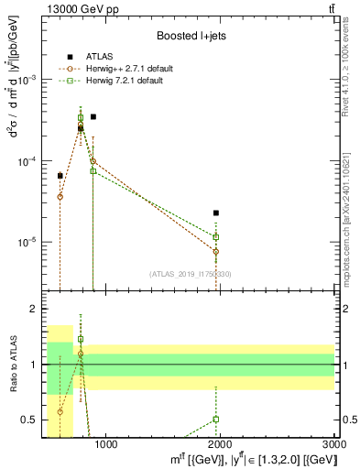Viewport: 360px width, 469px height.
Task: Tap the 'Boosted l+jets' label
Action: (x=191, y=36)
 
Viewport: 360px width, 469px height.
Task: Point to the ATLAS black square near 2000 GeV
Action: (x=216, y=213)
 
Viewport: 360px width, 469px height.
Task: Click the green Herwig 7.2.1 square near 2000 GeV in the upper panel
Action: (x=216, y=237)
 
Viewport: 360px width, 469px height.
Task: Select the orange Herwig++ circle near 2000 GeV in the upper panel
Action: (x=216, y=251)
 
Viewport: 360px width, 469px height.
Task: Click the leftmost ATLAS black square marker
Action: (x=60, y=175)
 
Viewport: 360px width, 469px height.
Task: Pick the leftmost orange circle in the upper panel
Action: (x=60, y=197)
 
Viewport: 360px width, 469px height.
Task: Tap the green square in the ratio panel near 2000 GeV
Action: (x=216, y=419)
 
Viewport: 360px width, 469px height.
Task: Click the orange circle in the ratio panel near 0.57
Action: (x=60, y=411)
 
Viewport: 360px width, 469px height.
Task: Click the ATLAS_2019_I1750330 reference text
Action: (x=190, y=274)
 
